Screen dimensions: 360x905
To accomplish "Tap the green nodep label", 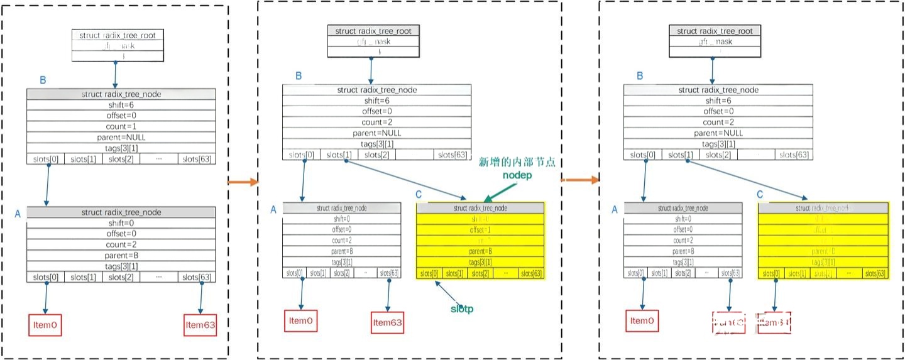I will (517, 175).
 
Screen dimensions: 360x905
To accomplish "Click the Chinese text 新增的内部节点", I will (519, 162).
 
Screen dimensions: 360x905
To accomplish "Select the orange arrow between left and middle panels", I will (243, 182).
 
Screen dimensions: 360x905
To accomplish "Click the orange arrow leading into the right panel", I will (578, 180).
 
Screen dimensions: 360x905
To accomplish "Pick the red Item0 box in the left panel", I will (46, 324).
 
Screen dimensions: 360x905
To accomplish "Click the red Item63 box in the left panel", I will (200, 325).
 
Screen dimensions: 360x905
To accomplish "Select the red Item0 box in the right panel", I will (642, 321).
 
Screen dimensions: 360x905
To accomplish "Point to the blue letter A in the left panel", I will (18, 214).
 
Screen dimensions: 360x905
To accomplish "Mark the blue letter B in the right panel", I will (640, 76).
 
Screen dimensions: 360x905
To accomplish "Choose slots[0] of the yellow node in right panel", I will (771, 273).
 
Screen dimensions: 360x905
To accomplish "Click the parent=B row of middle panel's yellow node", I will (480, 251).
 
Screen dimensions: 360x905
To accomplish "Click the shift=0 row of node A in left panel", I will (121, 223).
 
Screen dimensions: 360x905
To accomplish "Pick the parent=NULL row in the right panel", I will (716, 133).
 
